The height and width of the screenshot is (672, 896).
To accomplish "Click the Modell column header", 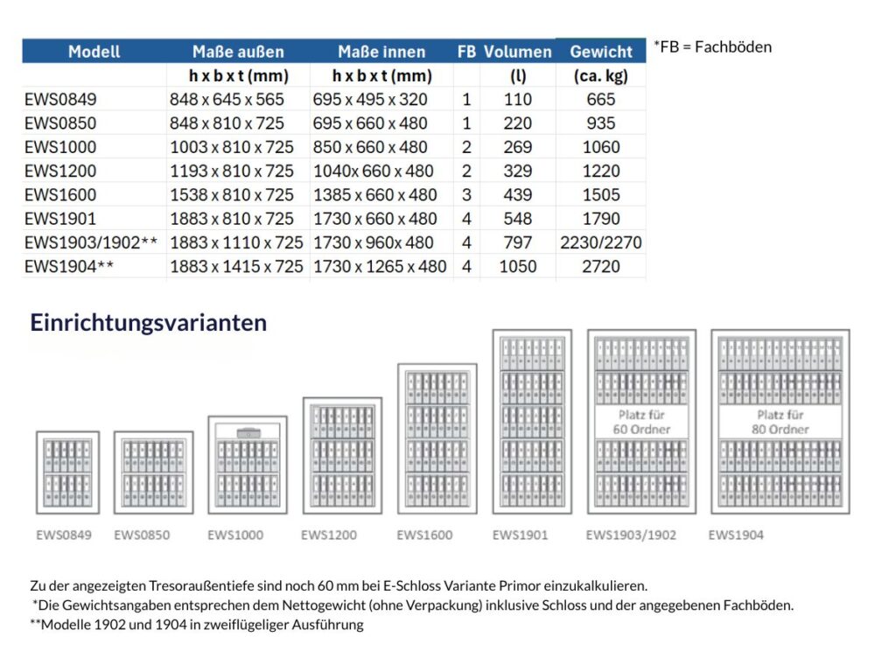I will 94,52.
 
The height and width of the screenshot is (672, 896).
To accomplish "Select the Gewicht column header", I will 600,52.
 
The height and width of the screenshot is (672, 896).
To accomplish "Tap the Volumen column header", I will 517,52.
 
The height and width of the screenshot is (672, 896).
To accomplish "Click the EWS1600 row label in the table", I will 60,195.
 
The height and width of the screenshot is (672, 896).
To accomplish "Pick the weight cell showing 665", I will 601,100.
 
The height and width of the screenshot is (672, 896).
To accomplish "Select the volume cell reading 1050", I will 517,267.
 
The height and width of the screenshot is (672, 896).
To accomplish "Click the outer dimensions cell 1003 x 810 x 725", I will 232,147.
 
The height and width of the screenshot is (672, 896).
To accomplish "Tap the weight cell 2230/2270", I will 601,243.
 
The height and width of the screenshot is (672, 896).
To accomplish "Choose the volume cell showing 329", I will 517,171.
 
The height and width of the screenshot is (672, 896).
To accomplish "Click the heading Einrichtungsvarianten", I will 149,323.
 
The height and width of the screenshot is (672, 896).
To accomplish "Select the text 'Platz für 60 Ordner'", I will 641,422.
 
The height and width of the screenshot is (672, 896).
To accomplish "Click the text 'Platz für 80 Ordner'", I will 780,422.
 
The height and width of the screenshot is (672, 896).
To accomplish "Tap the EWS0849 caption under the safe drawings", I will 64,535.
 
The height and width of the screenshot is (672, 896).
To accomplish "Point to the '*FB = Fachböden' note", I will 712,47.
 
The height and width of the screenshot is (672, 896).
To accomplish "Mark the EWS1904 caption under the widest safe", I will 736,535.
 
